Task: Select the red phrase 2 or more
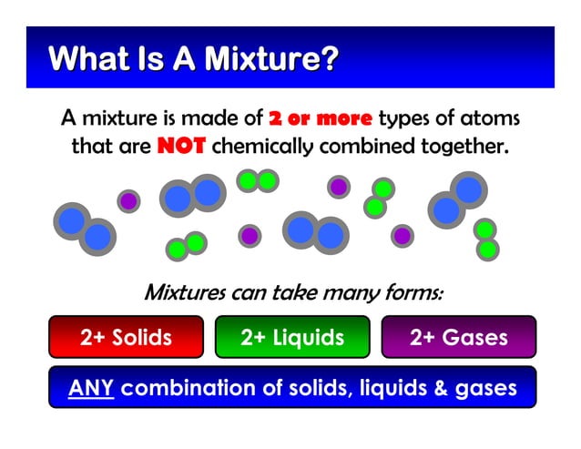[321, 117]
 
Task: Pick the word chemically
[263, 146]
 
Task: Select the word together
[463, 146]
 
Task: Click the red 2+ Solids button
[126, 338]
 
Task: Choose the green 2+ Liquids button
[292, 338]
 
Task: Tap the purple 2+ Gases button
[458, 338]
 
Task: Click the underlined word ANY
[91, 389]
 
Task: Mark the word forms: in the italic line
[411, 293]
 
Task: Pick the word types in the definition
[404, 117]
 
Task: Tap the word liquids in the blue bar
[382, 389]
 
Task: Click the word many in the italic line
[340, 293]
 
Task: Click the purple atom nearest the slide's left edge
[128, 199]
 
